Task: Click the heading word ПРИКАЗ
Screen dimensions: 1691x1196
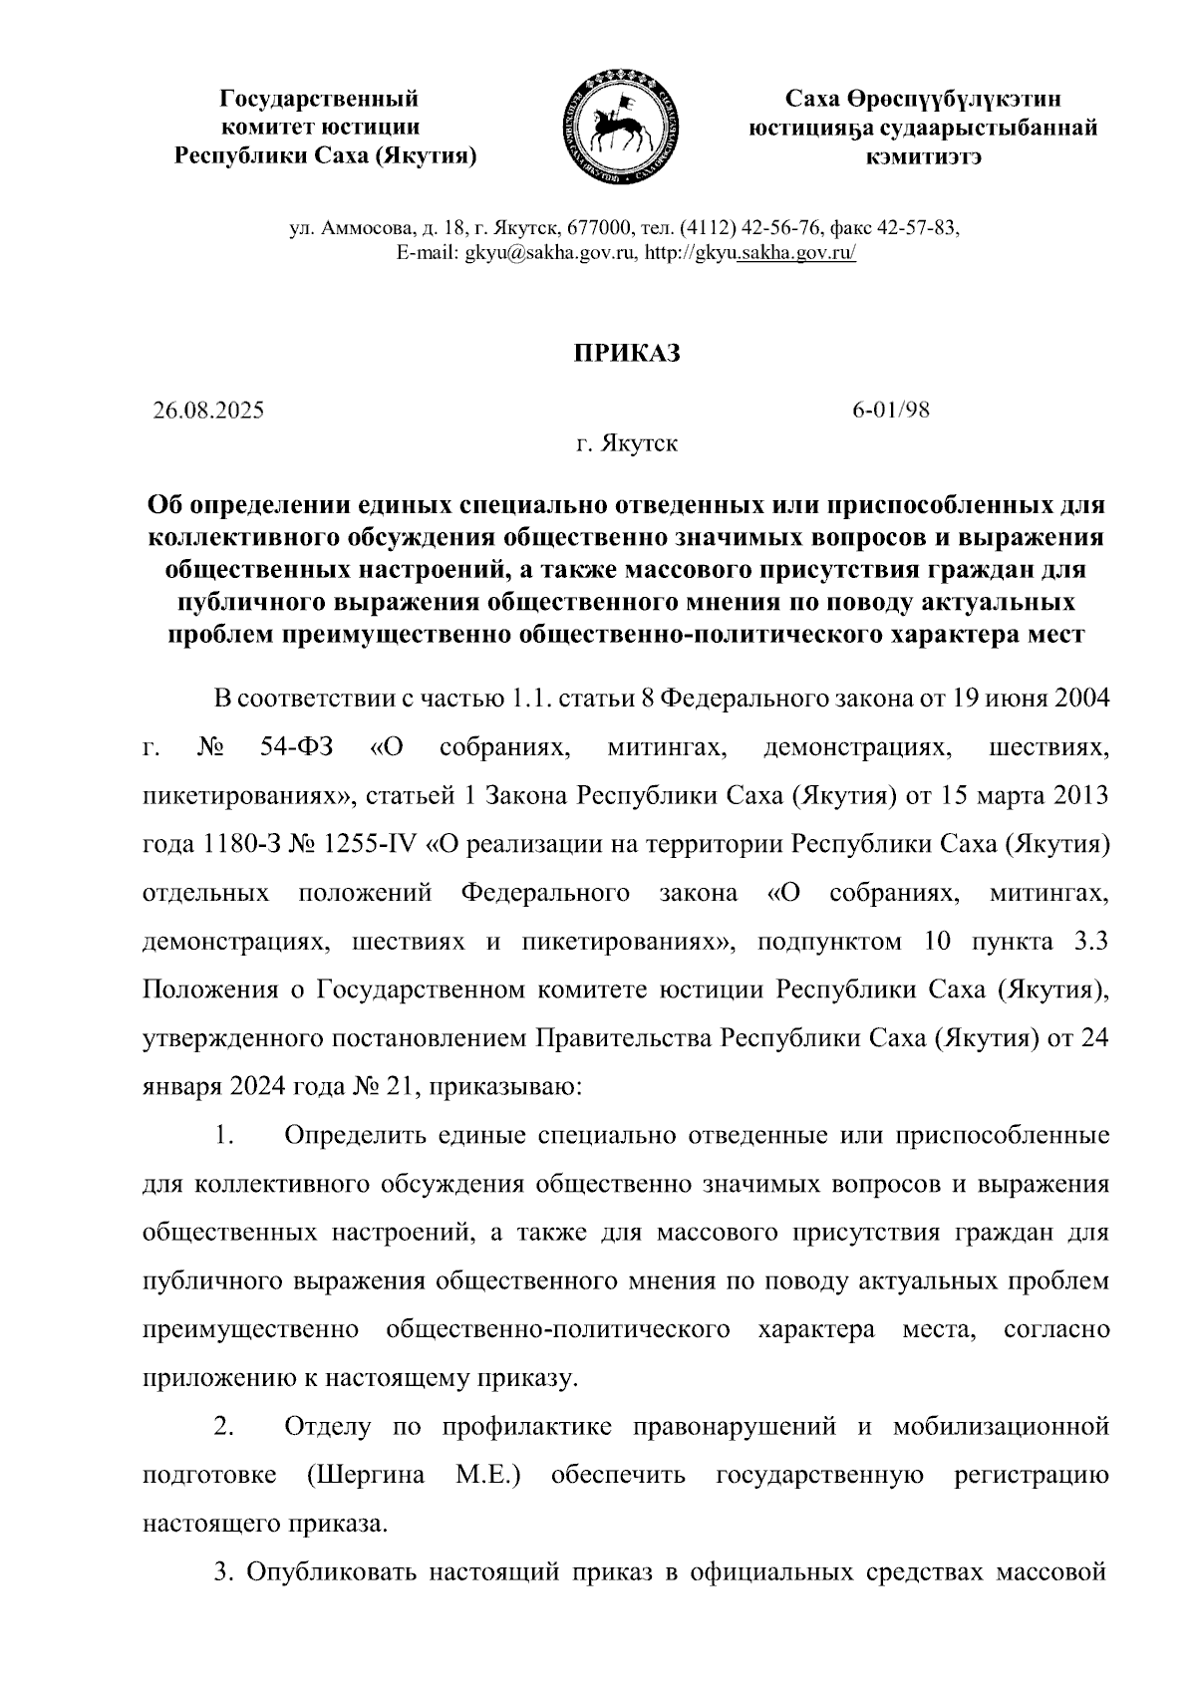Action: (625, 354)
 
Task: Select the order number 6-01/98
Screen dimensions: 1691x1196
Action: (890, 411)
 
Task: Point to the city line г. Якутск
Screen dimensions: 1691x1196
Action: (626, 443)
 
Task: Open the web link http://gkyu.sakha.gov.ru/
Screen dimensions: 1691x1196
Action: (750, 253)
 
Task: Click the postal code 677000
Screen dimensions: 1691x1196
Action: (594, 227)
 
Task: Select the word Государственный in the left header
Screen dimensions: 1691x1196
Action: (319, 99)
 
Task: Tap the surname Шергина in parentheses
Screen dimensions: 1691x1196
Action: (371, 1475)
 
